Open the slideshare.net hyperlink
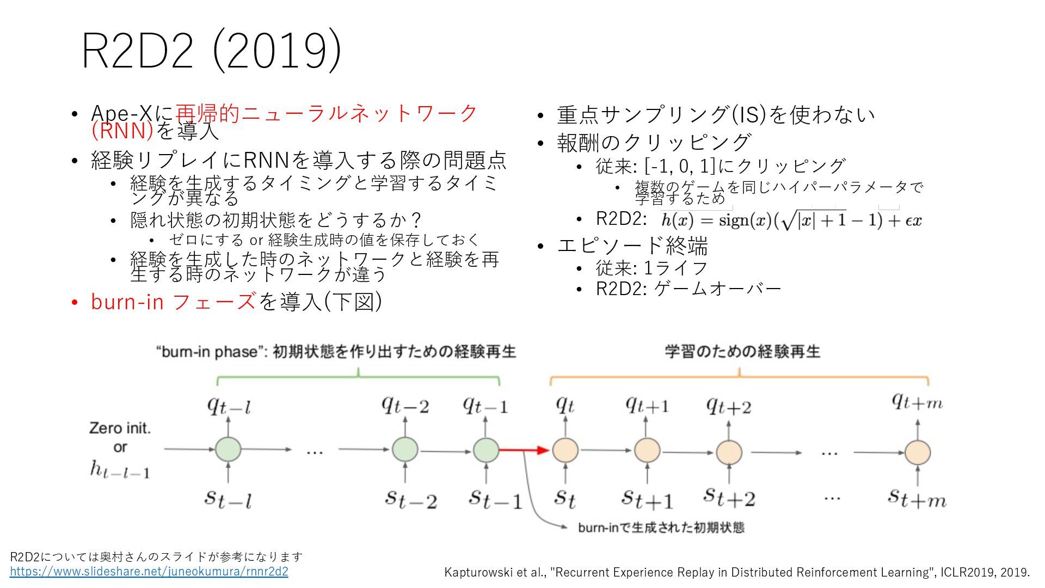click(149, 572)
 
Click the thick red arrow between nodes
click(524, 450)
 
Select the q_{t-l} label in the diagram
click(229, 406)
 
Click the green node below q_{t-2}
click(405, 450)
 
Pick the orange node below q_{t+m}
click(918, 452)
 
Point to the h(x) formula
click(791, 220)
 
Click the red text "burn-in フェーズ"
click(173, 302)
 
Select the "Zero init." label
click(120, 428)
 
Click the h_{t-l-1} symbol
click(120, 469)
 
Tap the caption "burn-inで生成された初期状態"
click(661, 528)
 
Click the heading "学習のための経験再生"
click(742, 352)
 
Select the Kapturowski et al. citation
click(737, 572)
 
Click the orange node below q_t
click(565, 450)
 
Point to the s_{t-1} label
click(495, 499)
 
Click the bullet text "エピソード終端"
click(632, 246)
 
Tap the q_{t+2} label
click(728, 406)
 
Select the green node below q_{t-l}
click(228, 450)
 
